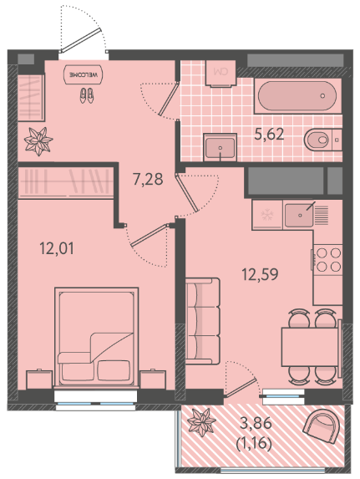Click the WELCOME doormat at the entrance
83,74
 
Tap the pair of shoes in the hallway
87,95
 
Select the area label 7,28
148,179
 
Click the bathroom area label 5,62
269,134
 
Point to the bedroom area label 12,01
57,248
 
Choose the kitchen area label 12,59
260,274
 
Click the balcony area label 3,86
256,423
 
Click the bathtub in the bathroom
297,96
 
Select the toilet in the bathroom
322,140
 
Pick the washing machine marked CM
221,74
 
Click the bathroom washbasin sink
221,147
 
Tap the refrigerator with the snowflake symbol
267,215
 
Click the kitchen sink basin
299,216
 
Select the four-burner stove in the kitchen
328,260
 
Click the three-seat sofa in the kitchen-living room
202,321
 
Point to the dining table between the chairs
310,347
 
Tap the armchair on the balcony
322,425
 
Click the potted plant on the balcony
201,423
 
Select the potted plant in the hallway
38,141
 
